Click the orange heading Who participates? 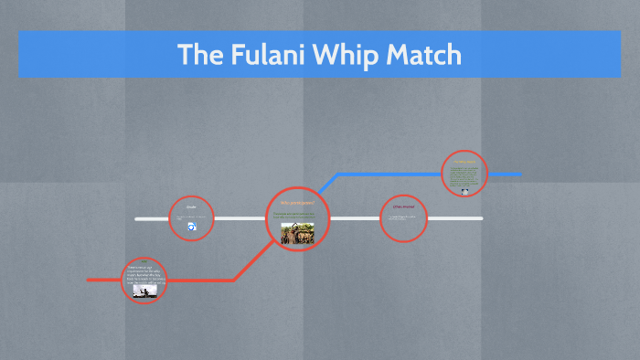click(x=297, y=203)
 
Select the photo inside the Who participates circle click(x=297, y=233)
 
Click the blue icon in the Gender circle click(x=192, y=227)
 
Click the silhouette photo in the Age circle click(x=143, y=291)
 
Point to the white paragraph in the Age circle click(x=144, y=275)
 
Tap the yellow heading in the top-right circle click(x=464, y=162)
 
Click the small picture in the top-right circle click(x=465, y=191)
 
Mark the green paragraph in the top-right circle click(x=464, y=175)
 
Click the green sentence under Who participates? click(x=297, y=215)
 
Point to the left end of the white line click(x=137, y=219)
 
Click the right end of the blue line click(x=519, y=174)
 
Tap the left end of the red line click(x=90, y=280)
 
